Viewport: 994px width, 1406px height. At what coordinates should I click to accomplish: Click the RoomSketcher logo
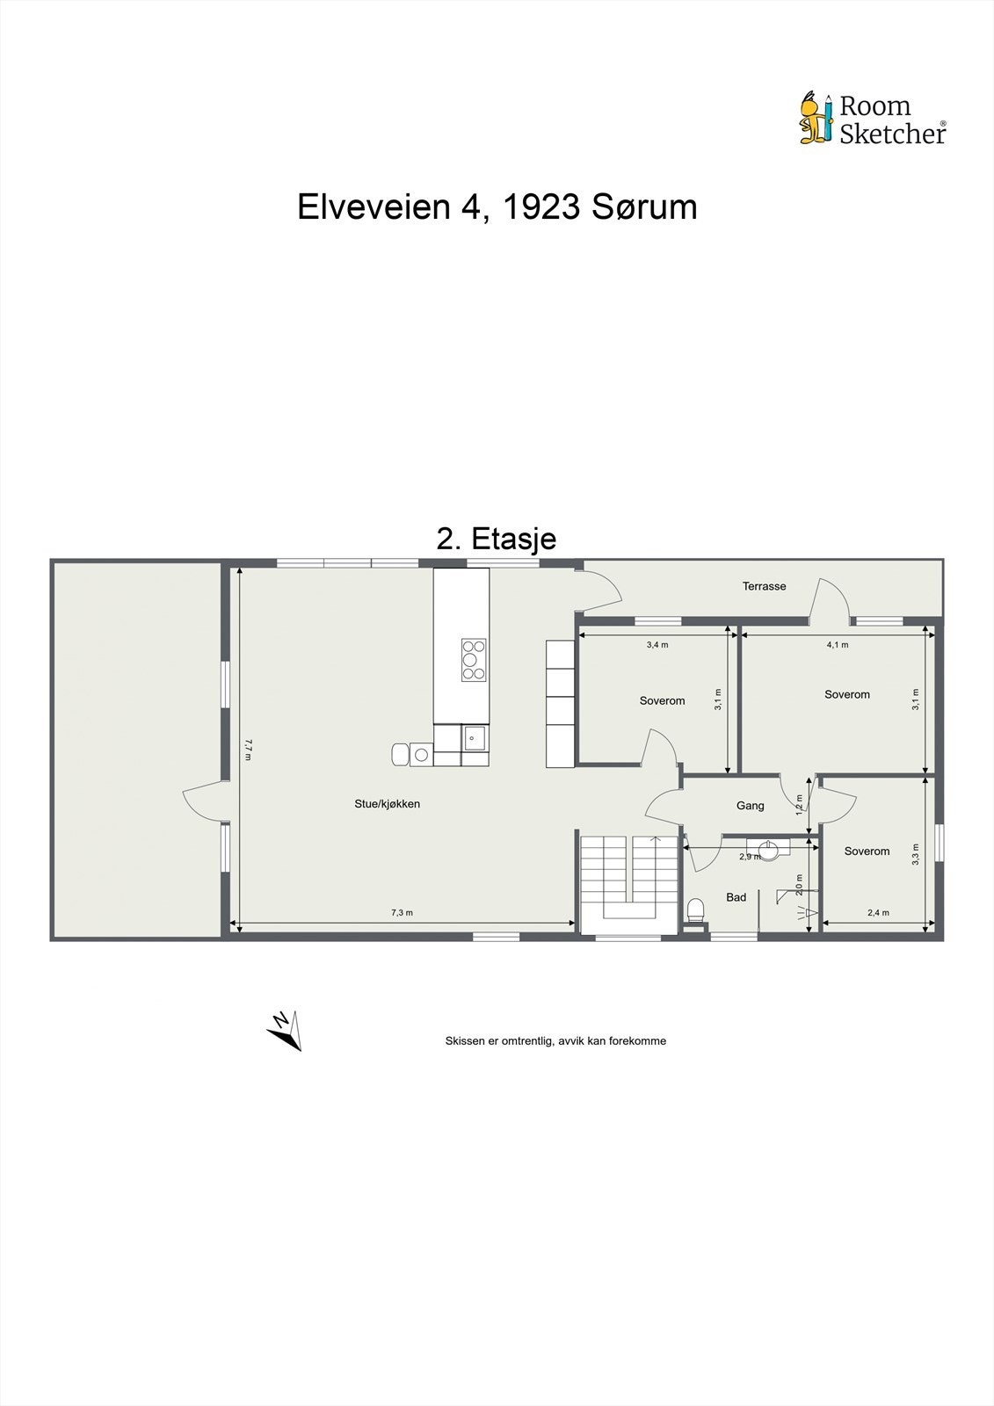click(x=872, y=119)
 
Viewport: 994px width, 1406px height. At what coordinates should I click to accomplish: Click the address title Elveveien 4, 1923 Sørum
click(x=497, y=207)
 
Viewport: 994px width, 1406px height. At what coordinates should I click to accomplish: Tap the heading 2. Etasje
click(x=496, y=538)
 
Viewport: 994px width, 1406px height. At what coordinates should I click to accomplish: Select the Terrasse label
click(x=764, y=586)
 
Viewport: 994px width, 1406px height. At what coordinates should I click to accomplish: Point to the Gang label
click(x=750, y=805)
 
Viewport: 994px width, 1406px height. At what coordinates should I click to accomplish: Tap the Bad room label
click(x=736, y=897)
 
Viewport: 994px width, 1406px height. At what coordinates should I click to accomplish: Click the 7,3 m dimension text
click(x=402, y=913)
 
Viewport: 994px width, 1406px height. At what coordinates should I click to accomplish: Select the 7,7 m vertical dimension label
click(x=249, y=748)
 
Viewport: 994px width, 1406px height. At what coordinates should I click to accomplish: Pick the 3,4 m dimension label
click(x=657, y=644)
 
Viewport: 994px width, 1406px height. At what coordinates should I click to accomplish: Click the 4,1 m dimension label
click(x=837, y=644)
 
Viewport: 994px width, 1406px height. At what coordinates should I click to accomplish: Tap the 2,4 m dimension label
click(x=878, y=913)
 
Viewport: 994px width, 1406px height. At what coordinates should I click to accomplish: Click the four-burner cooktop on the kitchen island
click(x=474, y=659)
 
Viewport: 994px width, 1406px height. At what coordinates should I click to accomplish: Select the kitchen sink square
click(x=475, y=737)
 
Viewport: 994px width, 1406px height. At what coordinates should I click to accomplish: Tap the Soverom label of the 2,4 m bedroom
click(x=867, y=851)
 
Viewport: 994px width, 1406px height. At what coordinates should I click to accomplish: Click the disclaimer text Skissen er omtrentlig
click(x=555, y=1040)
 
